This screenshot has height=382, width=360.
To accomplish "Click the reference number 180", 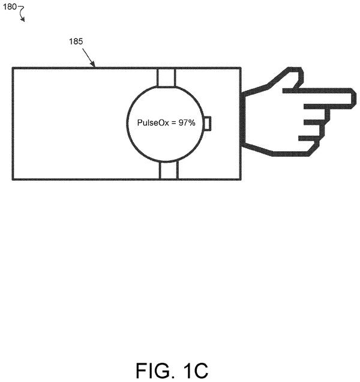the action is pos(10,7).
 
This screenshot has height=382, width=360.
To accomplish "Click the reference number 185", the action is pos(76,41).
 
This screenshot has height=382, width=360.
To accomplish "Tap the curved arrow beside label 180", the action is pos(22,14).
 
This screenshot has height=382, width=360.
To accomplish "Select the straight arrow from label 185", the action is pos(89,58).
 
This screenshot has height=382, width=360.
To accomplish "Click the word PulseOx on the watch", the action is pos(153,123).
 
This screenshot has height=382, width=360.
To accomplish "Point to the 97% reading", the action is pos(187,123).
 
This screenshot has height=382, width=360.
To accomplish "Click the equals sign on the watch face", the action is pos(173,123).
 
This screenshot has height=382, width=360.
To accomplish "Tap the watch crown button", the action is pos(207,124).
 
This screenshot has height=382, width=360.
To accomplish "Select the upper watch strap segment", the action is pos(166,77).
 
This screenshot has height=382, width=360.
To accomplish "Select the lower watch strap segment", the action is pos(169,171).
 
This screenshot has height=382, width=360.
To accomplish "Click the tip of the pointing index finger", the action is pos(356,97).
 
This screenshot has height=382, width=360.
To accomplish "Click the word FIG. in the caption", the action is pos(154,371).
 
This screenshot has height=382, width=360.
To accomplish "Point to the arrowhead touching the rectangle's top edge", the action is pos(93,64).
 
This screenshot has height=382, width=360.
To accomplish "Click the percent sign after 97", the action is pos(192,123).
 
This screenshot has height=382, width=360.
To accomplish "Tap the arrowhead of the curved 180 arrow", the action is pos(23,20).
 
